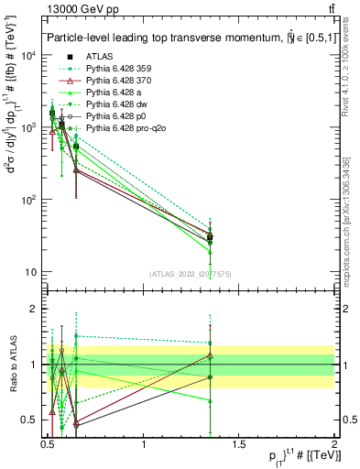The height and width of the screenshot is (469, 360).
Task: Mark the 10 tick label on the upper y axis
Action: [28, 272]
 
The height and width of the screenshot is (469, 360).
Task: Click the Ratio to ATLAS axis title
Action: [12, 364]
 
